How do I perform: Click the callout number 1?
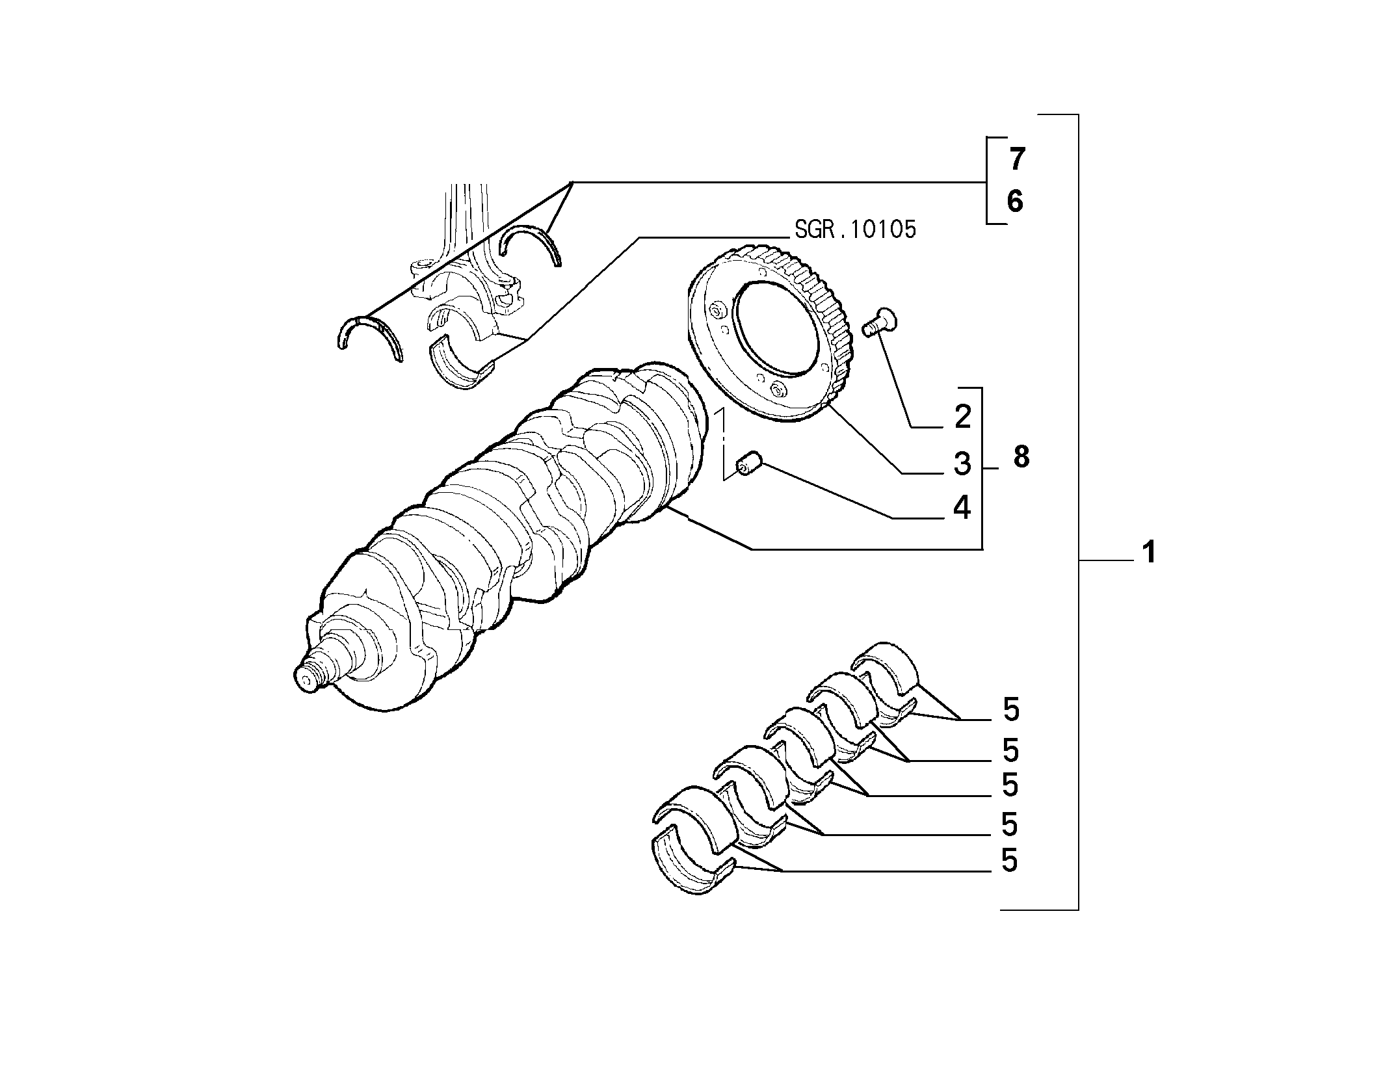[x=1149, y=552]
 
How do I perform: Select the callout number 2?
[x=962, y=416]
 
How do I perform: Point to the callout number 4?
[x=962, y=507]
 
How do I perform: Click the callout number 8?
[x=1021, y=457]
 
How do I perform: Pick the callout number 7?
[x=1016, y=159]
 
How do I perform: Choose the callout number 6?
[x=1015, y=201]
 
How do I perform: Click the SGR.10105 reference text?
[x=854, y=230]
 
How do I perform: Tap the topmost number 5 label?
[x=1011, y=709]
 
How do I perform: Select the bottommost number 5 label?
[x=1009, y=860]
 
